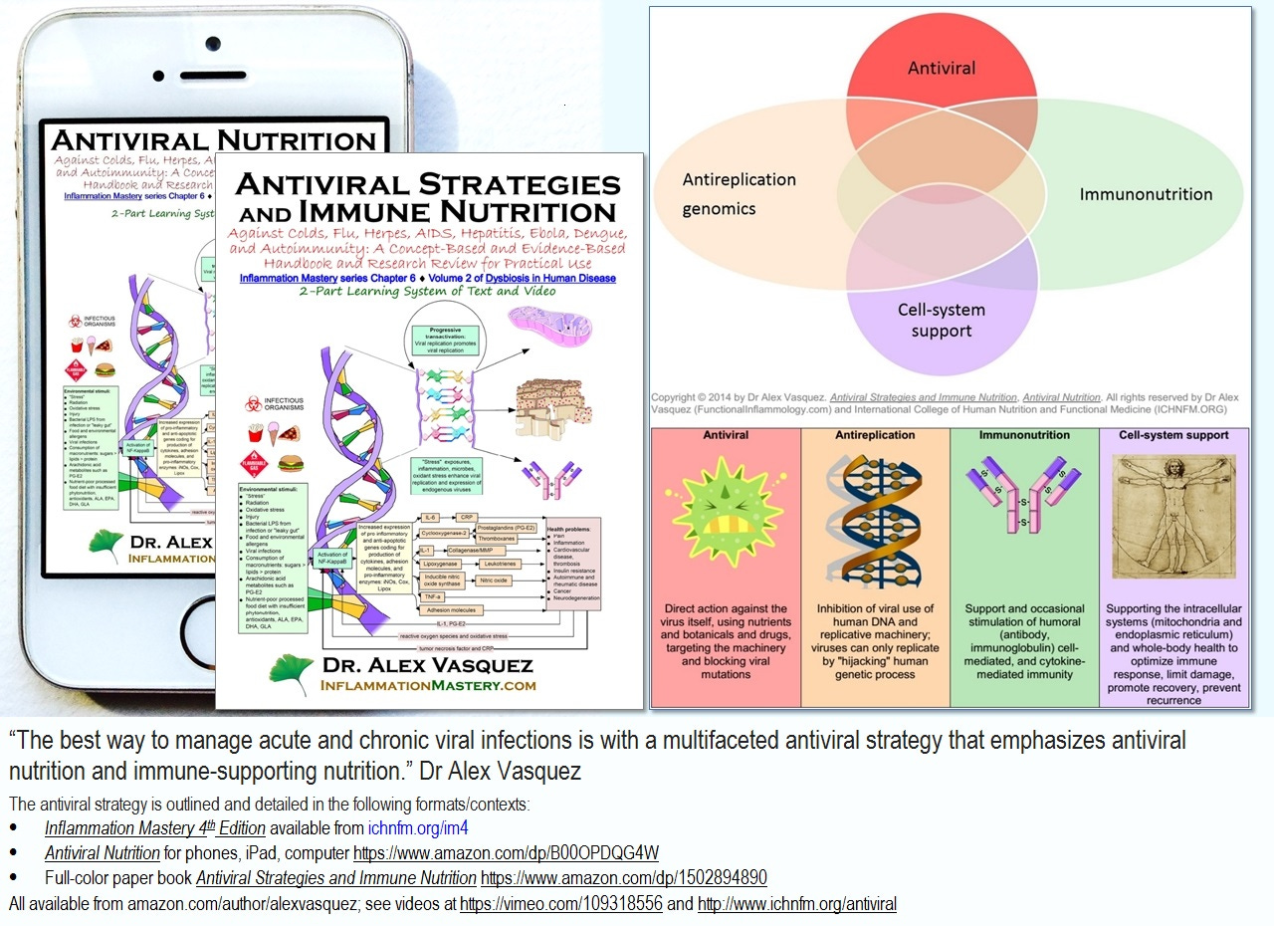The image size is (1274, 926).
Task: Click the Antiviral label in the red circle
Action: (941, 69)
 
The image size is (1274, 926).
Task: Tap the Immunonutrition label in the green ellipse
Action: (1146, 194)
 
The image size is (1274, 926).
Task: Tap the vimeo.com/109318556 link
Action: (561, 904)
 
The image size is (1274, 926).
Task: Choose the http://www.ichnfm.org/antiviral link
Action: (796, 904)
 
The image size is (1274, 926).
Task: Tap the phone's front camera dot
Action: (212, 44)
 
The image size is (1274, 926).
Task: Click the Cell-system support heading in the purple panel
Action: (1173, 435)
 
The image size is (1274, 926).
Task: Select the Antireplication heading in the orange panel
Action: (874, 435)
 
